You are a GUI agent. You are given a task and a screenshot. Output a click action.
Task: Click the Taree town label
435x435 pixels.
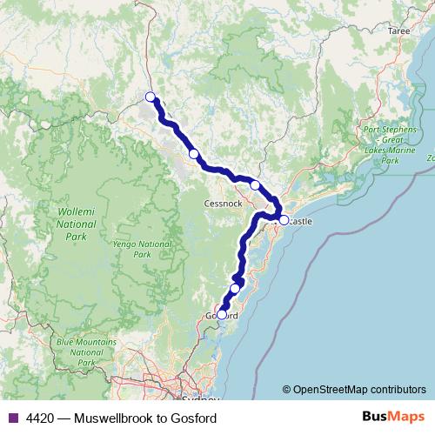tap(398, 30)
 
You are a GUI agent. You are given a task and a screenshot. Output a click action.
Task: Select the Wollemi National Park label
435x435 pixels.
tap(71, 224)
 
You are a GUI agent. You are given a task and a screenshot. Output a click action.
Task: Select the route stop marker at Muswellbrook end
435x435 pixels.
tap(151, 97)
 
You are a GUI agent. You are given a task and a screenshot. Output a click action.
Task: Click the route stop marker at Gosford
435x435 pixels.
tap(222, 315)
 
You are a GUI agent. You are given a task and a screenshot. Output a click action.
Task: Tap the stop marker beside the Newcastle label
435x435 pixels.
tap(284, 220)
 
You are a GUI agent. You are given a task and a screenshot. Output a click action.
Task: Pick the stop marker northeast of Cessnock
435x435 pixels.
tap(255, 184)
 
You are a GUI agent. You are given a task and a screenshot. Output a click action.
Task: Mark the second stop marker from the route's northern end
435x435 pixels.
tap(194, 154)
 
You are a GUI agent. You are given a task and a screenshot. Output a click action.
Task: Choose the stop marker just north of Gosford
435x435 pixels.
tap(235, 288)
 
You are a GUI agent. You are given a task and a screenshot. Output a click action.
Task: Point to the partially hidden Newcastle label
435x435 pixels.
tap(298, 222)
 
